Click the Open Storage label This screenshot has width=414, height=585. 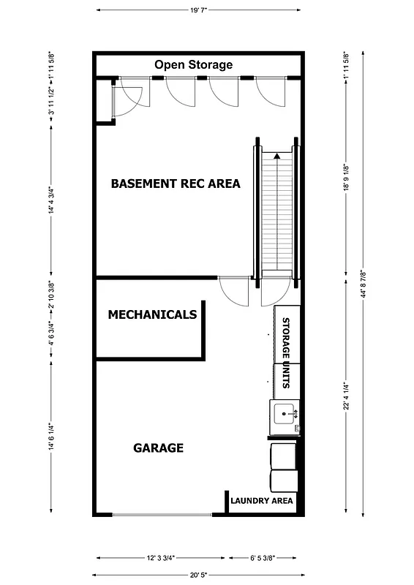[x=193, y=65]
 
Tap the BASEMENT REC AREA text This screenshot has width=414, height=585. [x=176, y=184]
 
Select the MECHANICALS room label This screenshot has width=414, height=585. [x=152, y=315]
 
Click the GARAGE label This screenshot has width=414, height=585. [x=158, y=448]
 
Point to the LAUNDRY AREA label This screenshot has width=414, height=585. [x=262, y=501]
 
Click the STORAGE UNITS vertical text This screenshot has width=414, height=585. [x=287, y=351]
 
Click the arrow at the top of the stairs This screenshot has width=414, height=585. [x=276, y=155]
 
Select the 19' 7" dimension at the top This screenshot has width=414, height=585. [x=197, y=10]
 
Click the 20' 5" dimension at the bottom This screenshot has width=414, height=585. [x=197, y=575]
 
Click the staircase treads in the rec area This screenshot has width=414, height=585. [x=276, y=212]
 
